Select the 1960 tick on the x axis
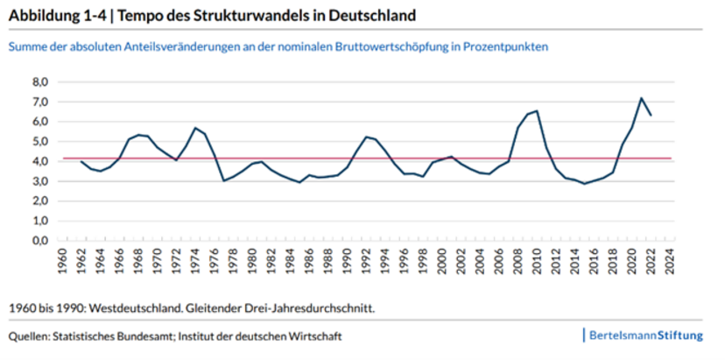tap(62, 265)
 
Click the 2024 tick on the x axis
tap(669, 265)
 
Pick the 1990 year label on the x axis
tap(347, 265)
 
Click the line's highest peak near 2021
tap(641, 98)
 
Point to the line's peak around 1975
tap(195, 128)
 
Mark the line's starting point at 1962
tap(81, 161)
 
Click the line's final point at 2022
tap(651, 116)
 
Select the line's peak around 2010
tap(536, 111)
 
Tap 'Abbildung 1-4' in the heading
tap(49, 16)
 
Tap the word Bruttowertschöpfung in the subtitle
tap(381, 46)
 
